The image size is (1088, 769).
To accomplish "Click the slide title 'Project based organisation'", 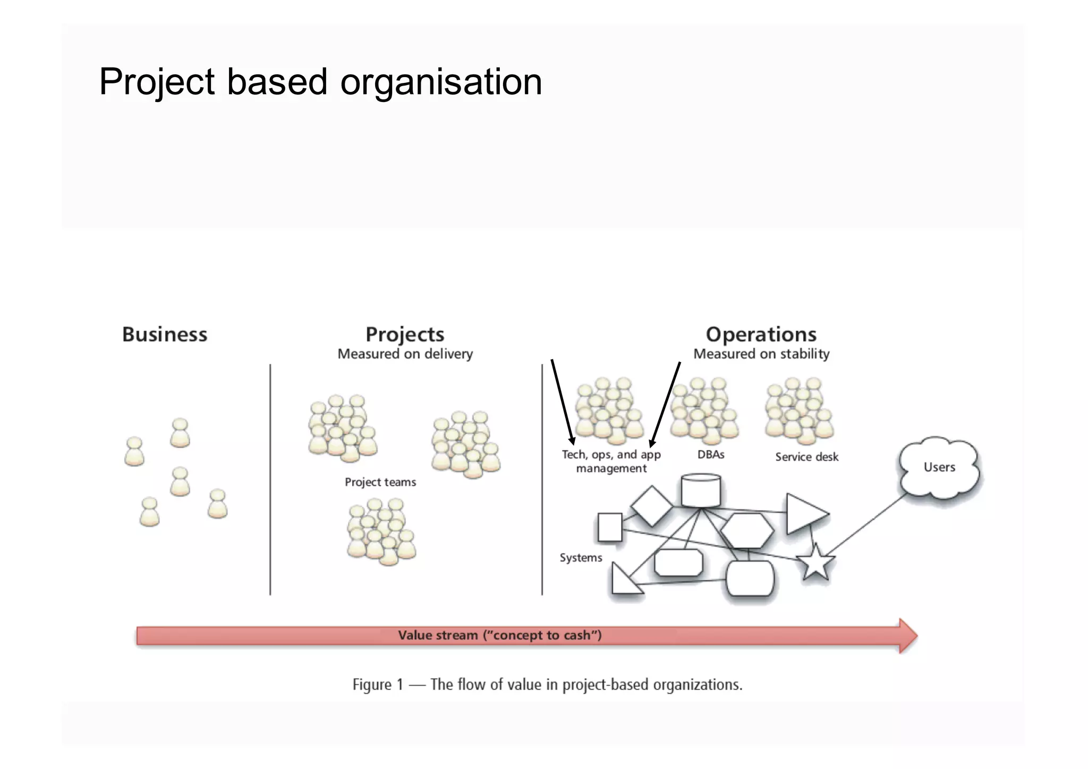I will pos(320,82).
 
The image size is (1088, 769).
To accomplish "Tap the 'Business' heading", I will pos(165,334).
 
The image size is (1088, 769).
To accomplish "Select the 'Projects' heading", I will pos(405,334).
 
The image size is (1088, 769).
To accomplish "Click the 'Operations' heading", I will pos(761,334).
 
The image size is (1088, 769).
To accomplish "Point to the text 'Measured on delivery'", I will pos(405,354).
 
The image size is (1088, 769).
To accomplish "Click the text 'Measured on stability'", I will pos(761,354).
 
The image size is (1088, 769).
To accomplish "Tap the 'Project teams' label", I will pos(380,482).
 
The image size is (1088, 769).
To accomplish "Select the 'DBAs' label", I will pos(711,454).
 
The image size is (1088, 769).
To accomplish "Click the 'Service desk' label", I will pos(806,457).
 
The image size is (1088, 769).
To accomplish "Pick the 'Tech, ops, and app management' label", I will pos(611,461).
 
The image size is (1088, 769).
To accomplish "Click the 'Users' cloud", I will pos(939,467).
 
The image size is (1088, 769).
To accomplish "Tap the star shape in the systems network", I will pos(815,563).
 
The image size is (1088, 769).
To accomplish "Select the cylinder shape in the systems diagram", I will pos(701,491).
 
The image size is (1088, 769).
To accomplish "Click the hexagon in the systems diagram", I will pos(747,530).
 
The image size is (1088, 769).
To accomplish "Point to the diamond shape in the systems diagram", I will pos(651,505).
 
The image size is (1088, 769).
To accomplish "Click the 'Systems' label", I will pos(581,557).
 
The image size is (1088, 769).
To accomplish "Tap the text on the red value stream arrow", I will pos(499,635).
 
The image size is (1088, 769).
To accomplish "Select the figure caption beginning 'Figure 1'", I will pos(547,685).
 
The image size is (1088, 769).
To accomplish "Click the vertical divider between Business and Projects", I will pos(270,478).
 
